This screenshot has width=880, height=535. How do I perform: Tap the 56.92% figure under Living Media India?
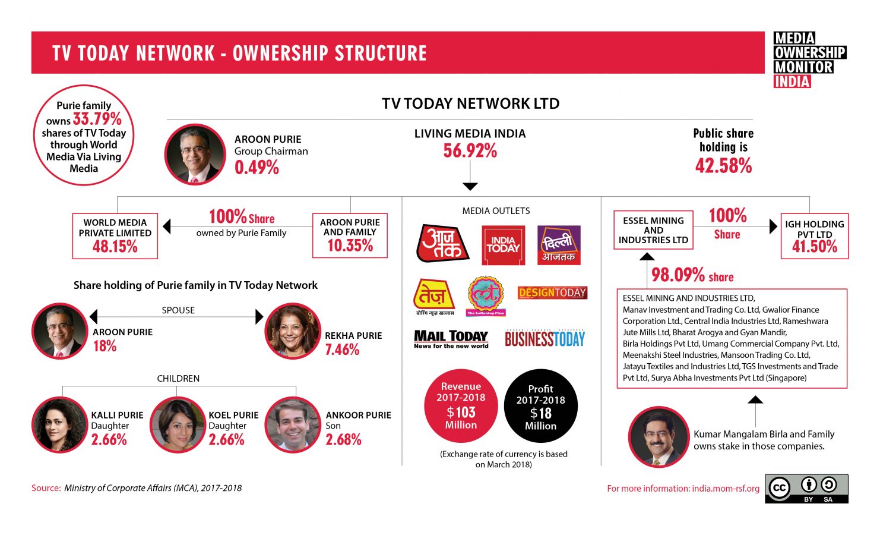(x=470, y=151)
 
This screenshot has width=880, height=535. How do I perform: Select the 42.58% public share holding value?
(x=723, y=166)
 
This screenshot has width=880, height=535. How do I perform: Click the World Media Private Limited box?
(x=115, y=236)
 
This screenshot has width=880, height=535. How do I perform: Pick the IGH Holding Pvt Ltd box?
(x=814, y=236)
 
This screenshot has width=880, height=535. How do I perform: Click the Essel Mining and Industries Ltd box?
(x=653, y=230)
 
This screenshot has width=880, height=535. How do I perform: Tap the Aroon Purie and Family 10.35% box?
(x=350, y=235)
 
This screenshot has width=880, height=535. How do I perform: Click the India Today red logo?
(x=503, y=245)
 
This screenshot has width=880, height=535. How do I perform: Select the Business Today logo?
(x=545, y=339)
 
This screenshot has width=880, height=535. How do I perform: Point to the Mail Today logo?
(x=451, y=339)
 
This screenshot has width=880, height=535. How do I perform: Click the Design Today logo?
(x=552, y=292)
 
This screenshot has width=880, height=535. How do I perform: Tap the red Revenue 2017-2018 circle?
(x=461, y=406)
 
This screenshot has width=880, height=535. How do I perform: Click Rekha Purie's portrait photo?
(x=292, y=332)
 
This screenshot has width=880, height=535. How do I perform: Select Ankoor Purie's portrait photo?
(x=293, y=425)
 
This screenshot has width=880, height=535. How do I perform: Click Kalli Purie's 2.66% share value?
(x=109, y=440)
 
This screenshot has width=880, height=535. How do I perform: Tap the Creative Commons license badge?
(x=806, y=489)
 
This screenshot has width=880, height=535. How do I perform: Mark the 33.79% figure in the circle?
(x=97, y=119)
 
